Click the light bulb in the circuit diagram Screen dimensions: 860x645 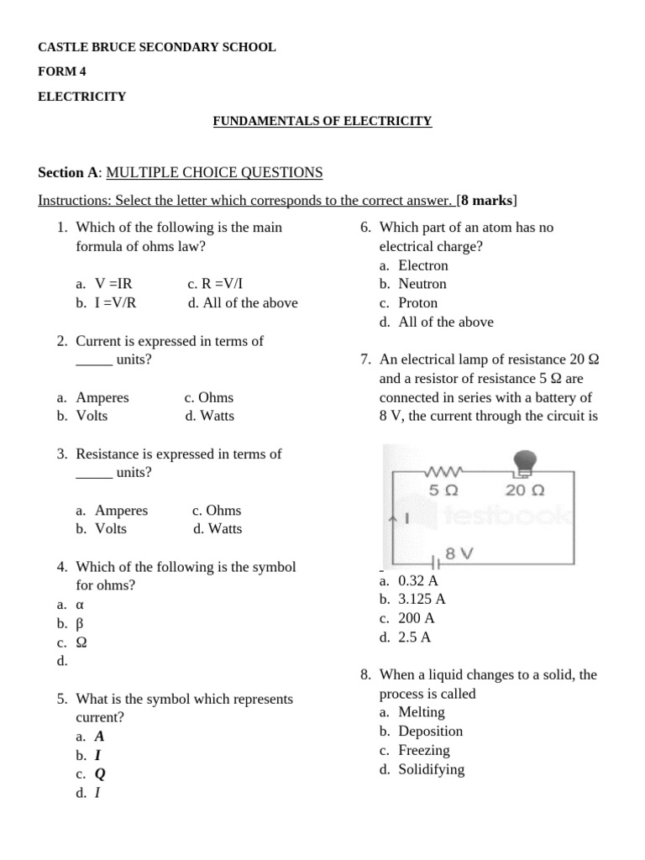pos(524,461)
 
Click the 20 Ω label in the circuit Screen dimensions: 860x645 pos(526,490)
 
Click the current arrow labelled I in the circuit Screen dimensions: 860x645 pos(397,518)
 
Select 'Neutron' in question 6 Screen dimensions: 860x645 pos(422,284)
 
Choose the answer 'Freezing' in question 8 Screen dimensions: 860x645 pos(423,750)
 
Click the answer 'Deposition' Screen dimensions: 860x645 pos(430,731)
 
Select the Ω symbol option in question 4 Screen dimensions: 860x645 pos(81,642)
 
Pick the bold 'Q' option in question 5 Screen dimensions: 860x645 pos(100,773)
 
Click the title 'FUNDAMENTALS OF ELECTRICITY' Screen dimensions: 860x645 pos(322,121)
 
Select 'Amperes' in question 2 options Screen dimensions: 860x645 pos(102,397)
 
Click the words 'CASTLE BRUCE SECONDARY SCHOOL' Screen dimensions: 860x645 pos(156,47)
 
